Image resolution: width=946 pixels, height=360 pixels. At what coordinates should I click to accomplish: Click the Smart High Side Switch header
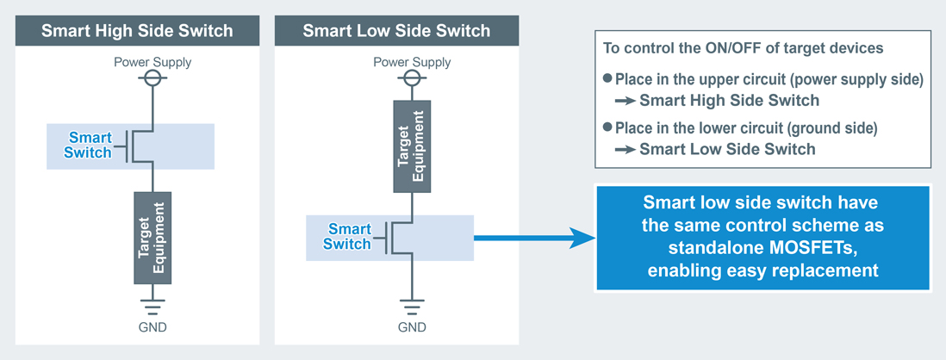138,31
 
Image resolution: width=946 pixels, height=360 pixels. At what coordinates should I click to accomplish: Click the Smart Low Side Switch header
396,31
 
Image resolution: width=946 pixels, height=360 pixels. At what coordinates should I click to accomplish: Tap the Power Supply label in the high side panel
153,62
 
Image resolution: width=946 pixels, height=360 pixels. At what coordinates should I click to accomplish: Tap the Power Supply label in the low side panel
412,62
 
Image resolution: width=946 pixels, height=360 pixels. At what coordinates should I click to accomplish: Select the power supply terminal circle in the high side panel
153,78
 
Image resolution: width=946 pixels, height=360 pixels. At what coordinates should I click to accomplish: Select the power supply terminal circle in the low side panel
412,78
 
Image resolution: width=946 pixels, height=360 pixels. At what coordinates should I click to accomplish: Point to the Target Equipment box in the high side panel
152,238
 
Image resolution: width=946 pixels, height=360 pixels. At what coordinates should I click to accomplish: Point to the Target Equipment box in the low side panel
412,146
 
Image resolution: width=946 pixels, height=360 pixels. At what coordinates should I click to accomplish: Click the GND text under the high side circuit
153,327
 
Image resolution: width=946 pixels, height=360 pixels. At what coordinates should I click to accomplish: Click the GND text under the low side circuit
412,327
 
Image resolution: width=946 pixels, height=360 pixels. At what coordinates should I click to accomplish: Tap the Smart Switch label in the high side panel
90,145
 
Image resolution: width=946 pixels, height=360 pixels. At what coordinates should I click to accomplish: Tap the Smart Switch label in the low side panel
347,237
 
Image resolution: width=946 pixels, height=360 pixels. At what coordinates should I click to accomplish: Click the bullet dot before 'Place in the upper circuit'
607,78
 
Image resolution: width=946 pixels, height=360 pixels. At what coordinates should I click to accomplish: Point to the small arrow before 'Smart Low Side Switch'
625,149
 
